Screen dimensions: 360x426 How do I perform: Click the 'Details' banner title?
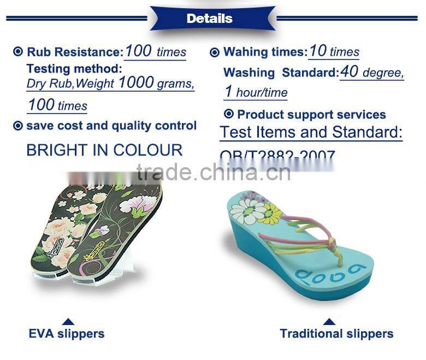[x=209, y=19]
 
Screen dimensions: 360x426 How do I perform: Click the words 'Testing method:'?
[x=74, y=69]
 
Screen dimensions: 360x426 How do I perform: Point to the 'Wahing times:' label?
[x=265, y=52]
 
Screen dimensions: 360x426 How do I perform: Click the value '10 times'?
[x=334, y=52]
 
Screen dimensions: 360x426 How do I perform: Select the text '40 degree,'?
[x=371, y=72]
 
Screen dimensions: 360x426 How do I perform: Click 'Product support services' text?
[x=311, y=115]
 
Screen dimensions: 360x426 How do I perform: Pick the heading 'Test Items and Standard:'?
[x=311, y=132]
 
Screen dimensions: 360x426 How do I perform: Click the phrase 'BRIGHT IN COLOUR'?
[x=104, y=150]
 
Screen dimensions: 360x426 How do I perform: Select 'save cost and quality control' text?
[x=111, y=126]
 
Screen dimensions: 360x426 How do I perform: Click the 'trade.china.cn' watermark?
[x=214, y=173]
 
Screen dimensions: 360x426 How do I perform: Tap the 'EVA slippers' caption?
[x=67, y=333]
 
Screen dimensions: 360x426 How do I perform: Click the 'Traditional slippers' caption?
[x=336, y=333]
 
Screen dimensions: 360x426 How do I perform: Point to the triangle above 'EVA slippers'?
[x=68, y=321]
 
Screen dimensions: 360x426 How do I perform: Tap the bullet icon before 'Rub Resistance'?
[x=18, y=52]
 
